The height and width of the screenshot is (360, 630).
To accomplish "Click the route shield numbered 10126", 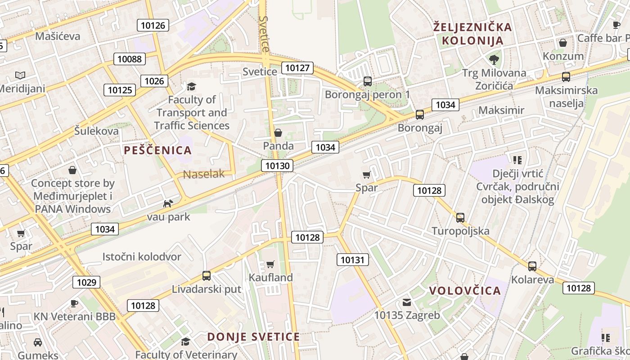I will pos(153,25).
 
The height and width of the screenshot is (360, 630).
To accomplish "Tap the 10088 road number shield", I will pos(129,58).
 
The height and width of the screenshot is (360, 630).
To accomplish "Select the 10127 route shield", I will pos(297,68).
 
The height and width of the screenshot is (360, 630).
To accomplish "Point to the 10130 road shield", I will pos(277,166).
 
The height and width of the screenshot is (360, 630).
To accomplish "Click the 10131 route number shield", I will pos(353,260).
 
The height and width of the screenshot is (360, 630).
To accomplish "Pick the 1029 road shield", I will pos(86,282).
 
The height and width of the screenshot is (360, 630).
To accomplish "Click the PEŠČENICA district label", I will pos(157,150).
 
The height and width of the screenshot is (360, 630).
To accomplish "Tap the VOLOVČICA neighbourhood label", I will pos(465,291).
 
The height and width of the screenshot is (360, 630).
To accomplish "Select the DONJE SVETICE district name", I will pos(253,337).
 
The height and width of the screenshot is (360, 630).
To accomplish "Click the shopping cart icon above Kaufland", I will pos(270,264).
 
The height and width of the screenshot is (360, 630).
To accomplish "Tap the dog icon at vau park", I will pos(168,204).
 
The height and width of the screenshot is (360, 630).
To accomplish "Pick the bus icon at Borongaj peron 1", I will pos(368,81).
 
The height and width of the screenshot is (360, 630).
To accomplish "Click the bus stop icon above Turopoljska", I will pos(460,218).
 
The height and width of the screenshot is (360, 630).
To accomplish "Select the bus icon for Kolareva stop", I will pos(532,266).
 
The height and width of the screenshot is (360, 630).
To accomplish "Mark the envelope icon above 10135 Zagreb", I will pos(407,302).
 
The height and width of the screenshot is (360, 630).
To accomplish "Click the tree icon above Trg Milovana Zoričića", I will pos(494,59).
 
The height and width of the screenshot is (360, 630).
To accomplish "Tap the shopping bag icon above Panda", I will pos(278,133).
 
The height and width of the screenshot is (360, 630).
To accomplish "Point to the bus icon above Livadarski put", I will pos(207,276).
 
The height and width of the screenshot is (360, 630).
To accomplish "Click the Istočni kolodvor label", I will pos(142,257).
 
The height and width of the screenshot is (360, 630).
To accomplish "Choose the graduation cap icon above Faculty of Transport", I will pos(192,86).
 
